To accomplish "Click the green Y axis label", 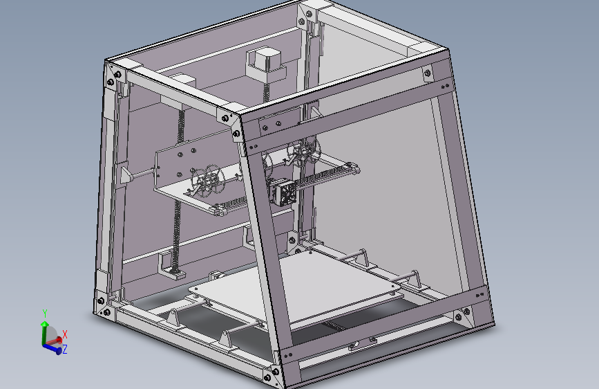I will (x=44, y=313).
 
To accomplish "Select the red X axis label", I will (x=65, y=334).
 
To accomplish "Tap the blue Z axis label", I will (x=65, y=350).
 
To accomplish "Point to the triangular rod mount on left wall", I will (x=125, y=174).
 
